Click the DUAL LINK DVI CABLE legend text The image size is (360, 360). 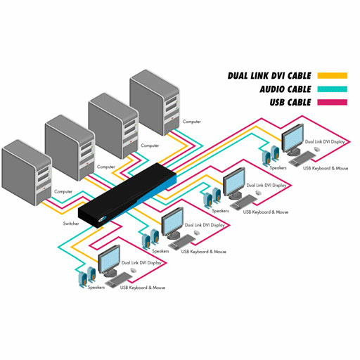point(269,76)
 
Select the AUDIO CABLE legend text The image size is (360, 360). point(285,89)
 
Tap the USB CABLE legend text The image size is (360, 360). point(290,103)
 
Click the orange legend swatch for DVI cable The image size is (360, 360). point(333,76)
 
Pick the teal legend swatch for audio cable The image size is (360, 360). point(333,89)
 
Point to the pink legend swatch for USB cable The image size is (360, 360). point(333,103)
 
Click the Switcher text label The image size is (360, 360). point(71,224)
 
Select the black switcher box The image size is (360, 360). point(127,195)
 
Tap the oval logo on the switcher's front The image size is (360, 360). point(103,219)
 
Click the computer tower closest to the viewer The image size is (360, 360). point(27,173)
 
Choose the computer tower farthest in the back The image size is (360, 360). point(155,103)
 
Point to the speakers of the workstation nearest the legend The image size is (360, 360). point(271,155)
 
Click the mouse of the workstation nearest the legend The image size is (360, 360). point(316,149)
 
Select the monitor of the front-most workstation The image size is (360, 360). point(109,260)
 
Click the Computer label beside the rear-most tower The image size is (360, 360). point(192,122)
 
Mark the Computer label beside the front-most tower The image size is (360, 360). point(63,191)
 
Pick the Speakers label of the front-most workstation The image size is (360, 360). point(96,288)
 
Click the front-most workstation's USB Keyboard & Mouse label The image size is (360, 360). point(143,288)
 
